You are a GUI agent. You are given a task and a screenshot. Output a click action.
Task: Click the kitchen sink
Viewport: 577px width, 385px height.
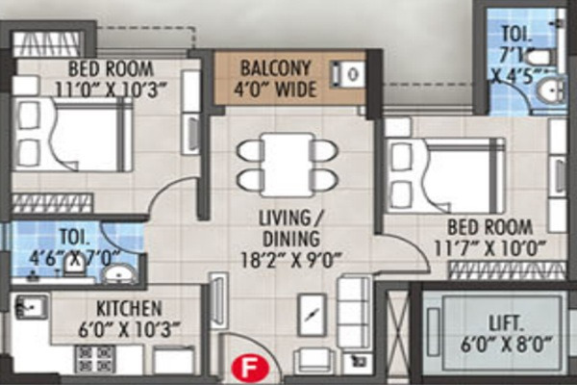click(29, 308)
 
